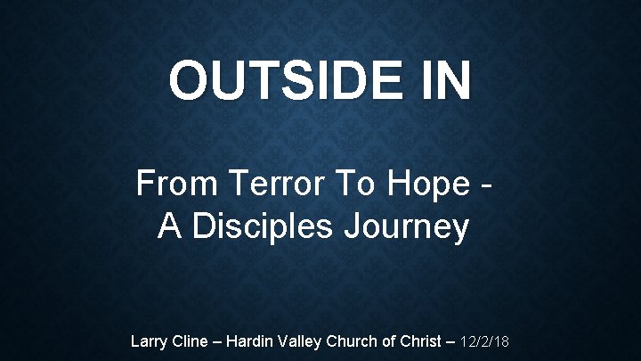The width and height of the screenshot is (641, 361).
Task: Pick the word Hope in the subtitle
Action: (x=426, y=185)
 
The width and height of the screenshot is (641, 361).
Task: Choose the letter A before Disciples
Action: (x=168, y=227)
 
